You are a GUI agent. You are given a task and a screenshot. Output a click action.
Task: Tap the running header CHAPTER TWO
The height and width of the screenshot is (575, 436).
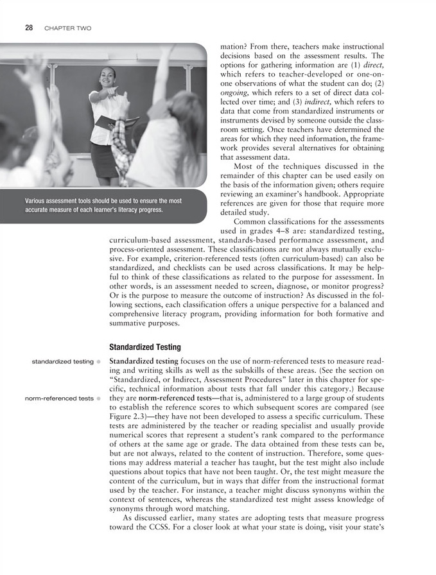coord(67,28)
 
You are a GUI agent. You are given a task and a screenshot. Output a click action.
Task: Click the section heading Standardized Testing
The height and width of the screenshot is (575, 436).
coord(145,347)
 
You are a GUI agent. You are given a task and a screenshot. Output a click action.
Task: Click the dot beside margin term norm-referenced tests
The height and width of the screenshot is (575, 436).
coord(100,398)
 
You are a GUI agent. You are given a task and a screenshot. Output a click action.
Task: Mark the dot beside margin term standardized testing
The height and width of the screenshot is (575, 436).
coord(100,361)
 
